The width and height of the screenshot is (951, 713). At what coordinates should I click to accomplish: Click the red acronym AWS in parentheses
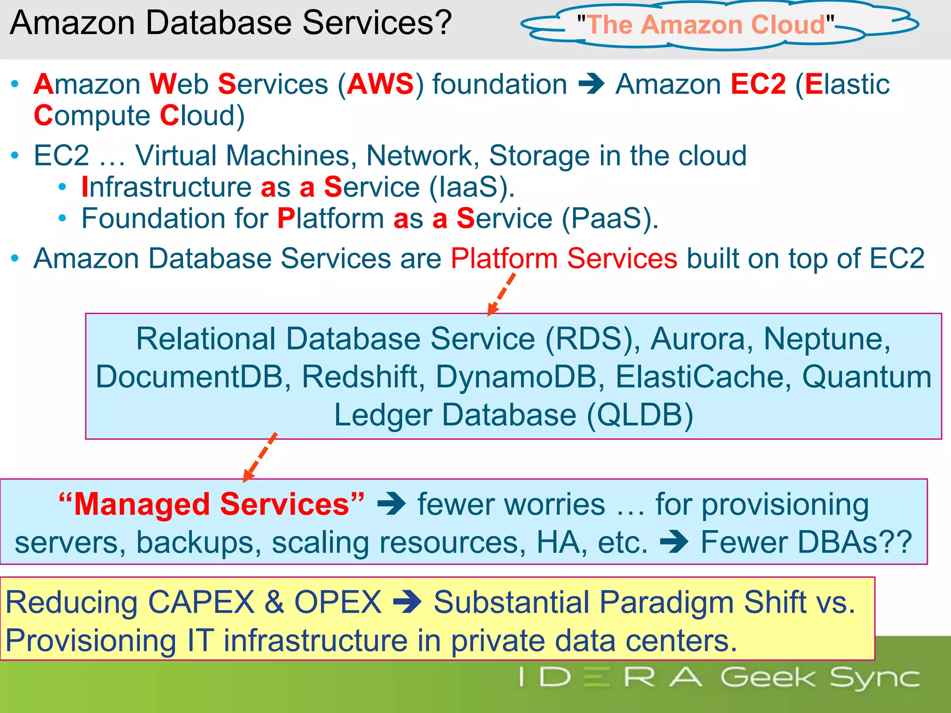click(380, 84)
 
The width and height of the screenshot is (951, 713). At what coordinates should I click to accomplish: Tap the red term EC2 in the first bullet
click(758, 84)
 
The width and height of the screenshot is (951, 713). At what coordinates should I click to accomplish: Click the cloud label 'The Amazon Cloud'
click(705, 25)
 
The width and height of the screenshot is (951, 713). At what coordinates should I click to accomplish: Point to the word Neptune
click(827, 339)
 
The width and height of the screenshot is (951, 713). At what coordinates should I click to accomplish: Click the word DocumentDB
click(189, 376)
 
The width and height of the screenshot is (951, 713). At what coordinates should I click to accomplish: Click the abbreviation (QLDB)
click(640, 415)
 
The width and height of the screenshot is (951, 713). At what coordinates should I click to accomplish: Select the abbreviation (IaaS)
click(471, 187)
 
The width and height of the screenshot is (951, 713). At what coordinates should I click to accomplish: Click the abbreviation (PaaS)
click(609, 218)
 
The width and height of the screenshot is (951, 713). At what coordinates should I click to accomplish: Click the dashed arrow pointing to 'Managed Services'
click(261, 457)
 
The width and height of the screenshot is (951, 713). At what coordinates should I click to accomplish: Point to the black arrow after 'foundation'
click(592, 84)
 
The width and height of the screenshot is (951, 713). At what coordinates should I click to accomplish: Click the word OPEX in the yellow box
click(338, 603)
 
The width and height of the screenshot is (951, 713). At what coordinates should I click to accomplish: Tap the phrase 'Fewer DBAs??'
click(806, 542)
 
